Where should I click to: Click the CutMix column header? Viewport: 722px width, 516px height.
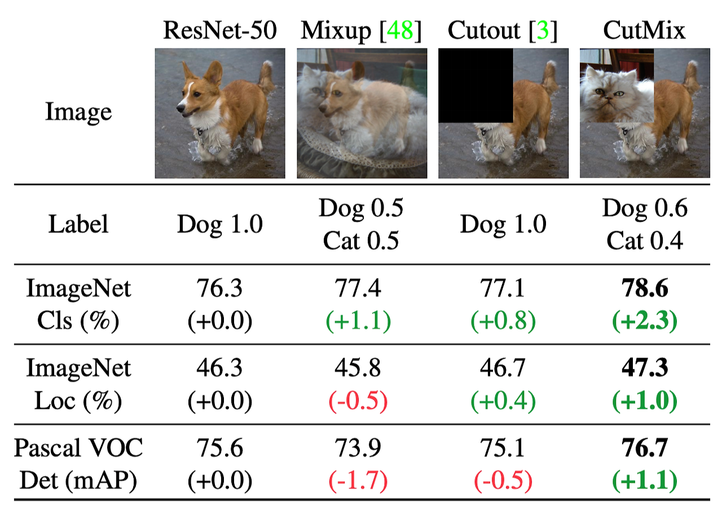[644, 30]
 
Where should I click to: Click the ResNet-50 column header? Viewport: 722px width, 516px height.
[220, 30]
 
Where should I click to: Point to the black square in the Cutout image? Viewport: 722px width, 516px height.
[476, 85]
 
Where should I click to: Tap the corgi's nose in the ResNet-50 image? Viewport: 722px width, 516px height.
[179, 107]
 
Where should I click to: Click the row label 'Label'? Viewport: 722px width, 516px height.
[78, 225]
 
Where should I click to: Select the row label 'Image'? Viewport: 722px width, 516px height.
[78, 112]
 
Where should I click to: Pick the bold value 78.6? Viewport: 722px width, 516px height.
[644, 289]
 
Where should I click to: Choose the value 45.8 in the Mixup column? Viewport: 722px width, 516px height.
[360, 369]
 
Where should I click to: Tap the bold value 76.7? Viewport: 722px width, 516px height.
[644, 449]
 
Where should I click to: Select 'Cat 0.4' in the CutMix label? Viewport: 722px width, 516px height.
[644, 241]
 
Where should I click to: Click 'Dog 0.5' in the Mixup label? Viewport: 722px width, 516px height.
[360, 209]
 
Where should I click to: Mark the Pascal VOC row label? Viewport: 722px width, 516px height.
[78, 449]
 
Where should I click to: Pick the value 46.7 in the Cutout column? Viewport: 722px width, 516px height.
[503, 369]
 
